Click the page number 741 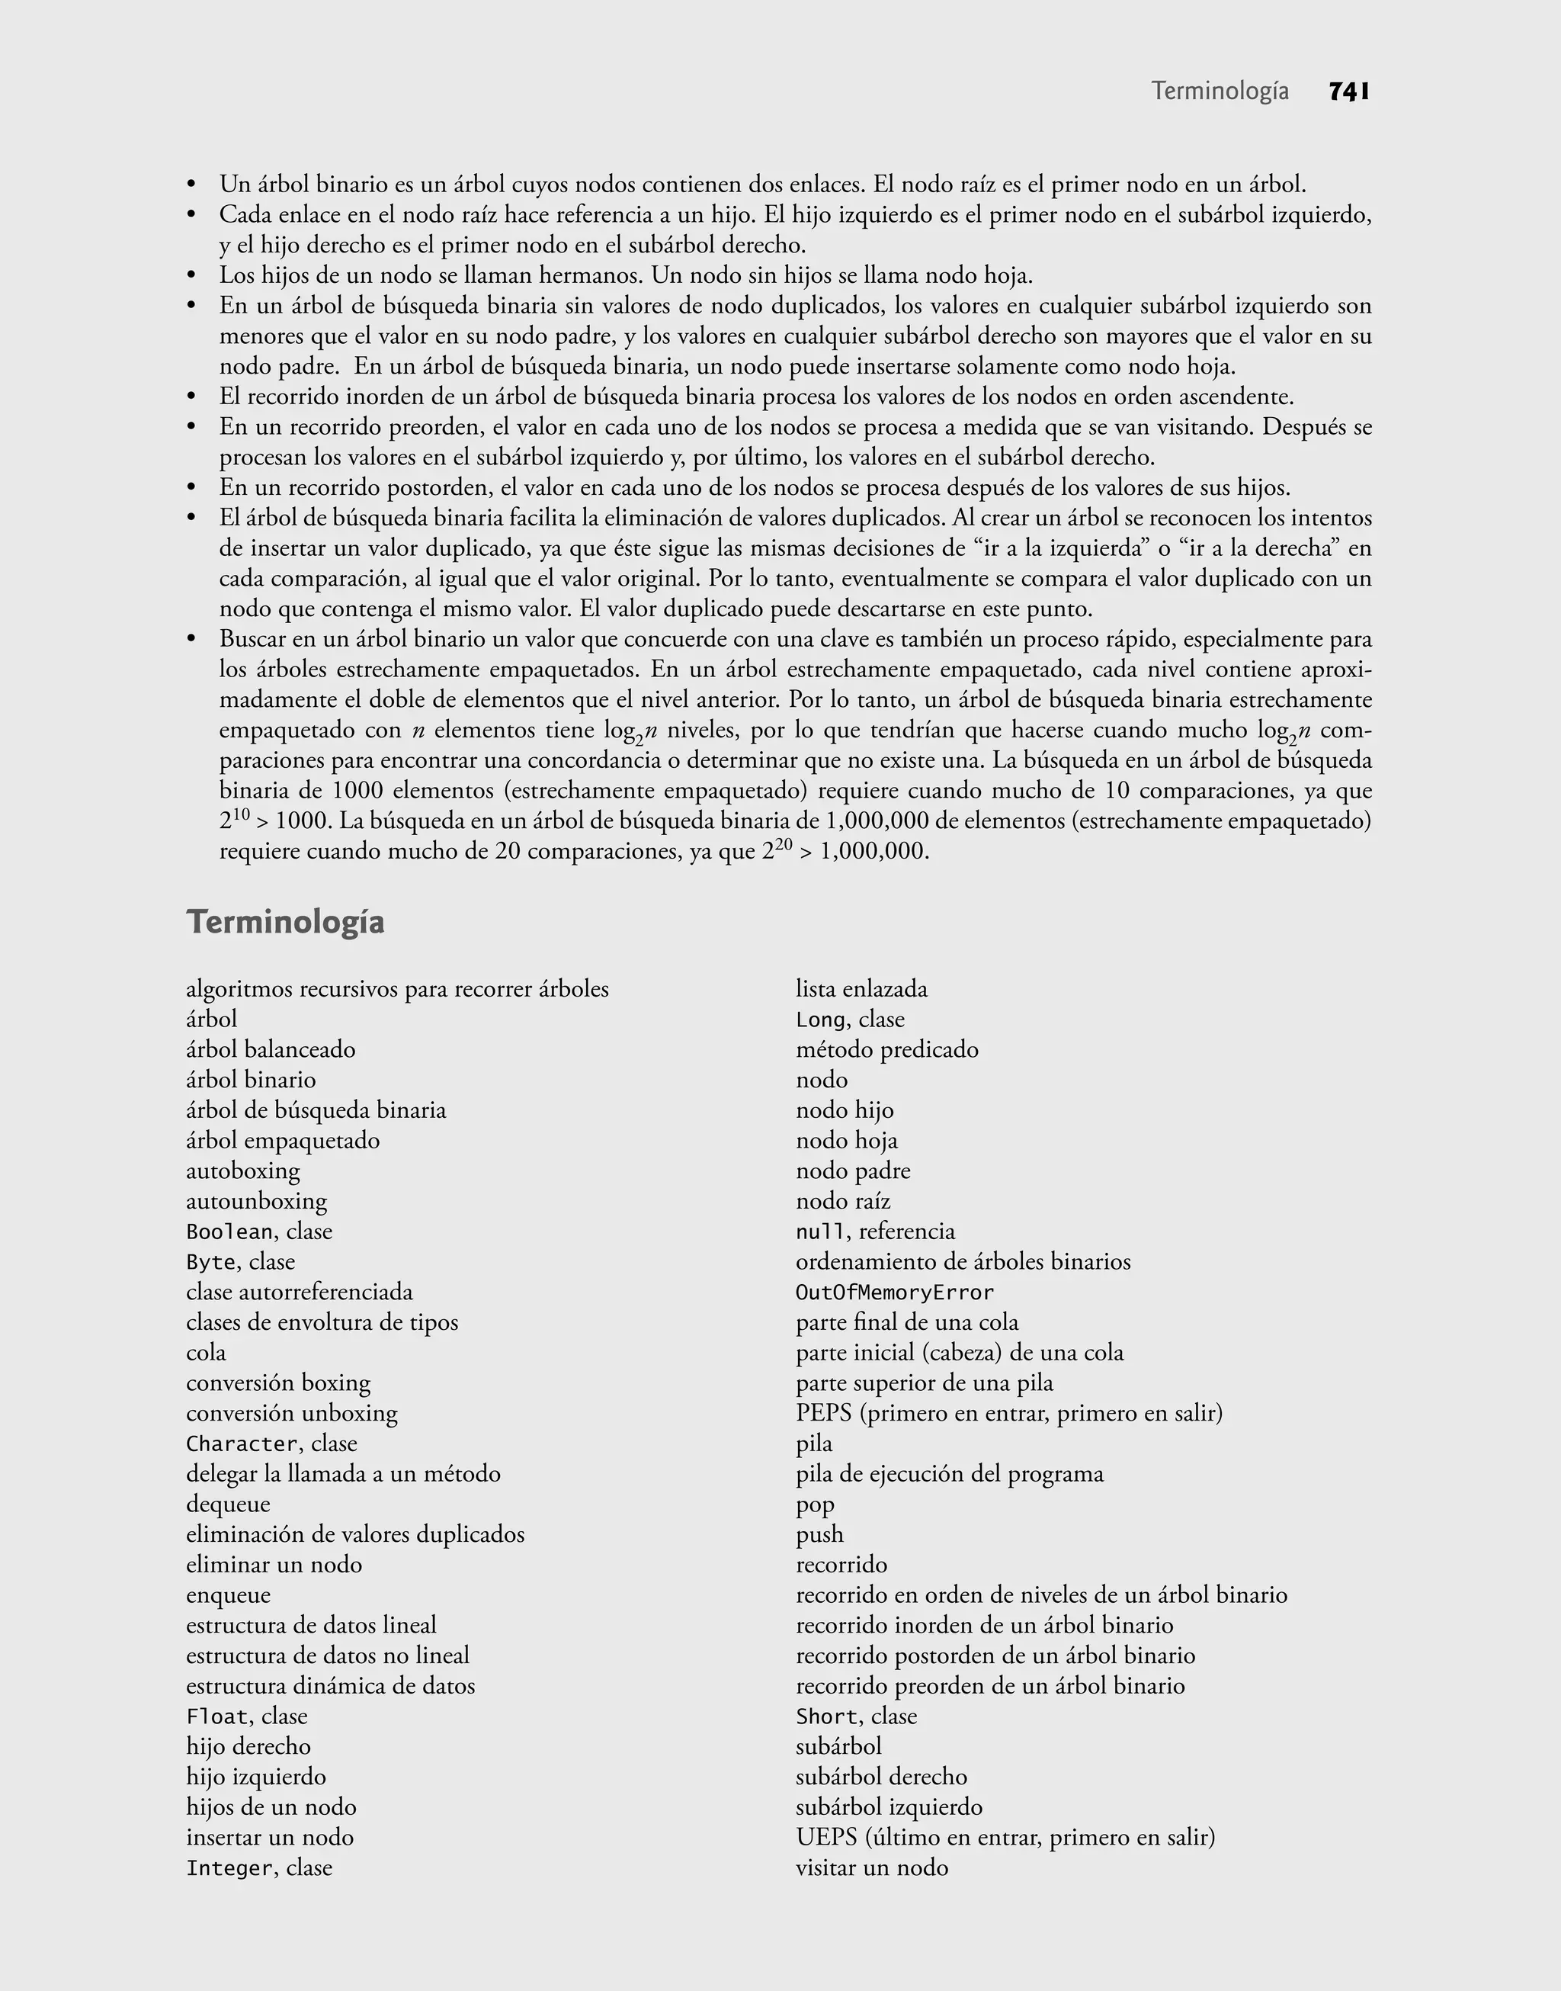pyautogui.click(x=1348, y=92)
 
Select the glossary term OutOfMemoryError pyautogui.click(x=894, y=1293)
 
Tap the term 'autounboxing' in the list pyautogui.click(x=256, y=1201)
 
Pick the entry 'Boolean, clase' pyautogui.click(x=258, y=1232)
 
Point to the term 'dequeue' pyautogui.click(x=228, y=1504)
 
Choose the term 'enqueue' pyautogui.click(x=228, y=1595)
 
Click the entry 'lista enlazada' pyautogui.click(x=861, y=989)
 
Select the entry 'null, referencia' pyautogui.click(x=875, y=1232)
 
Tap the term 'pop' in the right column pyautogui.click(x=816, y=1504)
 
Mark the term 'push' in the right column pyautogui.click(x=819, y=1535)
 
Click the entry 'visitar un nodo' pyautogui.click(x=872, y=1867)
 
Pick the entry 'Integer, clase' pyautogui.click(x=258, y=1867)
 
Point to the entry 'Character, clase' pyautogui.click(x=271, y=1443)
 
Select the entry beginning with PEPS pyautogui.click(x=1008, y=1413)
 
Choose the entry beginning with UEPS pyautogui.click(x=1005, y=1838)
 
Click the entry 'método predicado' pyautogui.click(x=886, y=1049)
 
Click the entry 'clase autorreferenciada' pyautogui.click(x=299, y=1292)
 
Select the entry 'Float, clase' pyautogui.click(x=247, y=1716)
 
